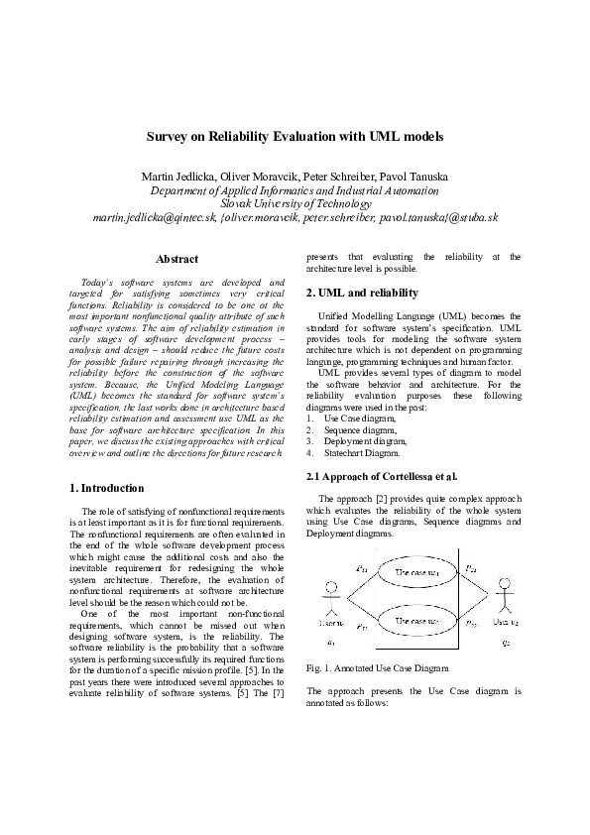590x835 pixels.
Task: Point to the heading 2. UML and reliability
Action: pyautogui.click(x=362, y=293)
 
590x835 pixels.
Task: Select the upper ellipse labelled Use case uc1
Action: pyautogui.click(x=416, y=572)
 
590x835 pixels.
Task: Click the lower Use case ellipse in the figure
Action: pyautogui.click(x=416, y=623)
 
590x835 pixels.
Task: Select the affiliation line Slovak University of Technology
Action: pyautogui.click(x=295, y=203)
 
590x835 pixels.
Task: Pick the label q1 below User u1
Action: pyautogui.click(x=330, y=643)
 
